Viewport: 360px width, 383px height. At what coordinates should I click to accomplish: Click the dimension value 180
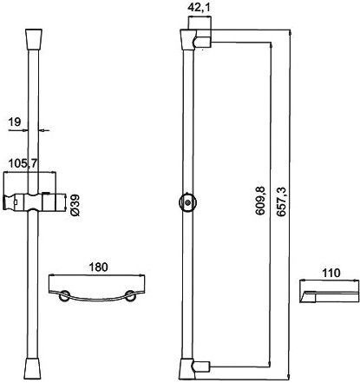96,267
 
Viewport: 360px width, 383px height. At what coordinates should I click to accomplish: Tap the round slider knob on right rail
187,202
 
